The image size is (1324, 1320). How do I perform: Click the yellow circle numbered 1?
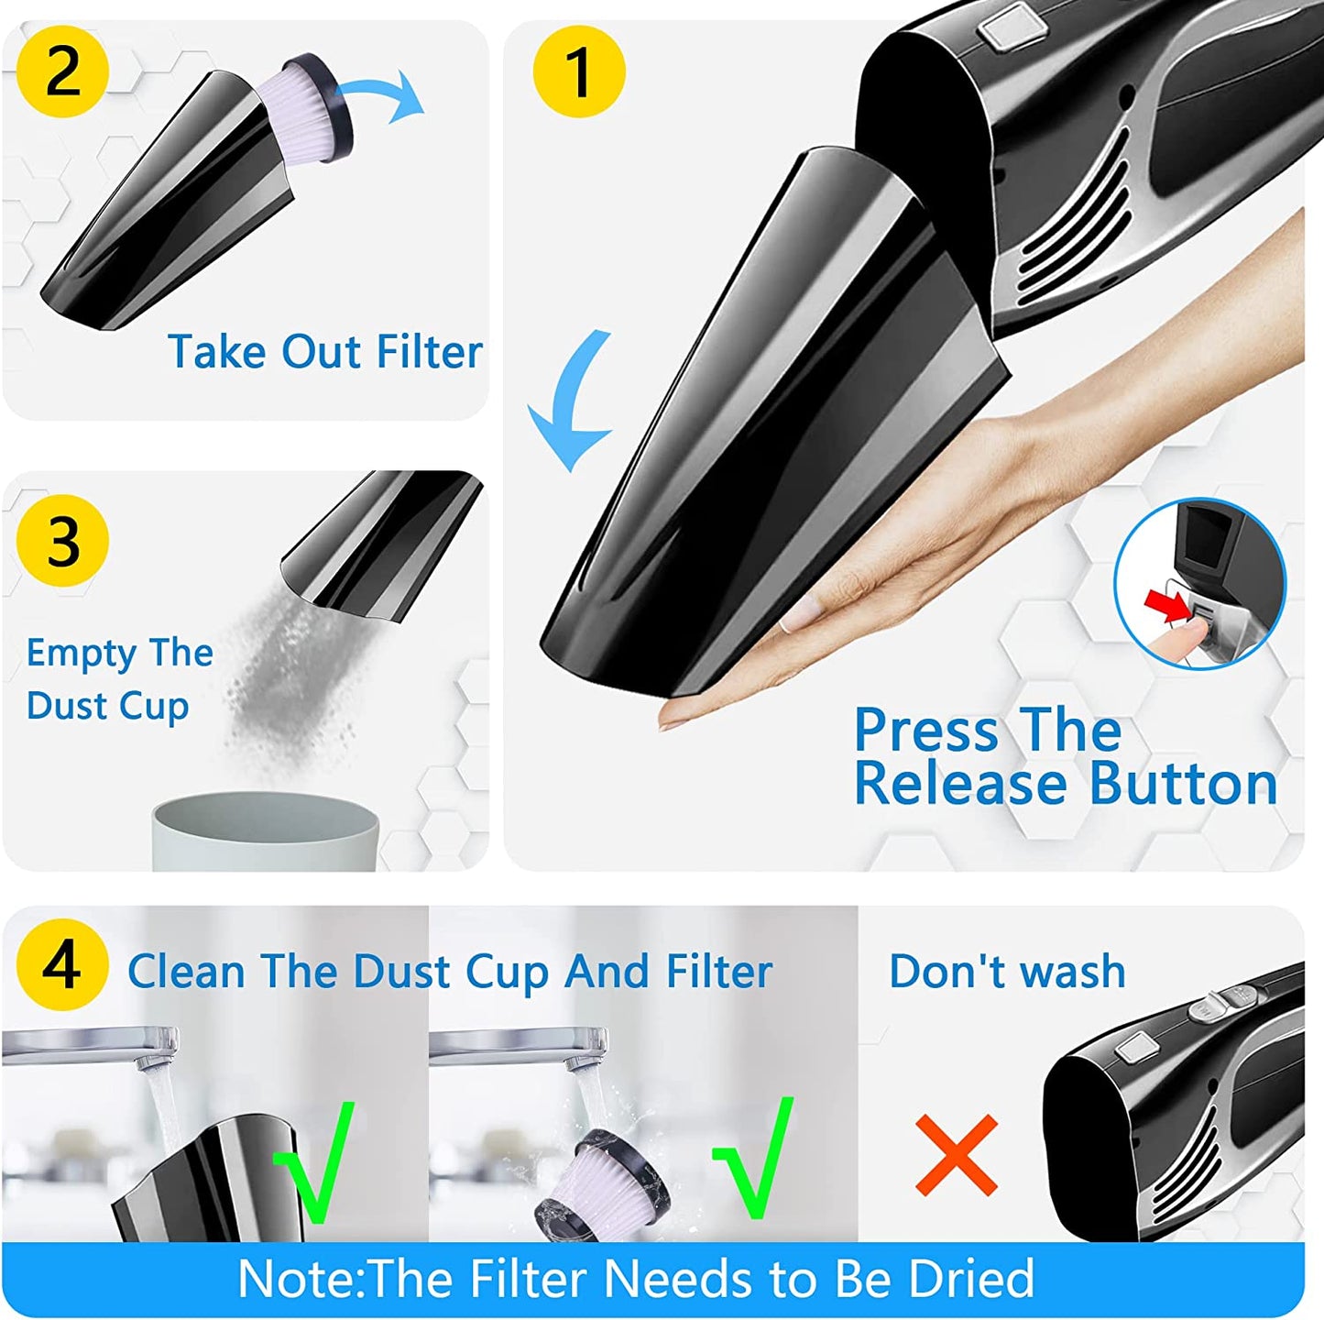coord(579,71)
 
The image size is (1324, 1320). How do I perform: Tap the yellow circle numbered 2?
coord(62,71)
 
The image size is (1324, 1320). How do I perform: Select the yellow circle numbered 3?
coord(62,541)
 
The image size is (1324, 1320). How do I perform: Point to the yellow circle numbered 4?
coord(62,966)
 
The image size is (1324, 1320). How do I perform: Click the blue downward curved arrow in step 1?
coord(567,400)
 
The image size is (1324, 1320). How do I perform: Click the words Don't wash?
coord(1007,972)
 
